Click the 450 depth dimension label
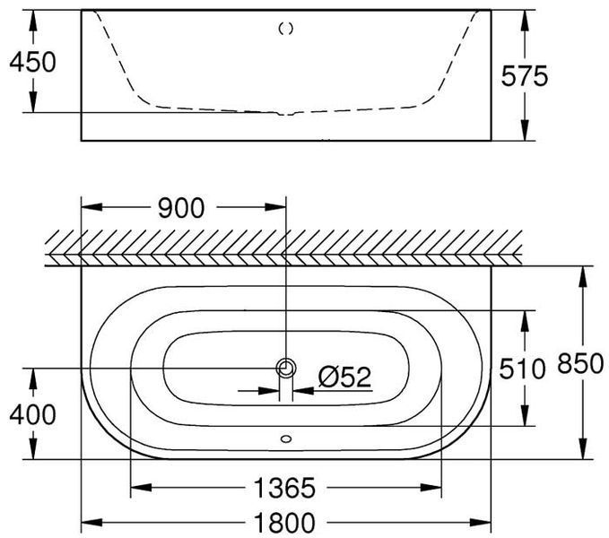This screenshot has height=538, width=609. tap(32, 62)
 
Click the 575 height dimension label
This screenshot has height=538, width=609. tap(525, 75)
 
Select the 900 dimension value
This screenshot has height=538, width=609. tap(181, 208)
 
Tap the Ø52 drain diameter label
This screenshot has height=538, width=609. tap(345, 377)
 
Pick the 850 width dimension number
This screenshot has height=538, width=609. tap(580, 364)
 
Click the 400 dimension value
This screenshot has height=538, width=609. tap(32, 414)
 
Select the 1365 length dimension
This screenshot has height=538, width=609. tap(284, 488)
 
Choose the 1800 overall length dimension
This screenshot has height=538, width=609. tap(284, 523)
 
